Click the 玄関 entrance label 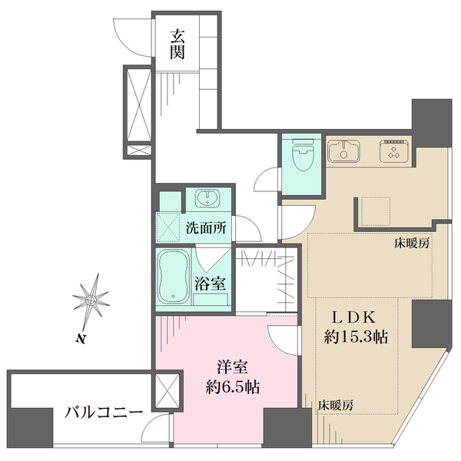point(177,43)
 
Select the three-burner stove point(396,151)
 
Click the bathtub point(174,277)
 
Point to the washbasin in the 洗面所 point(207,198)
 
